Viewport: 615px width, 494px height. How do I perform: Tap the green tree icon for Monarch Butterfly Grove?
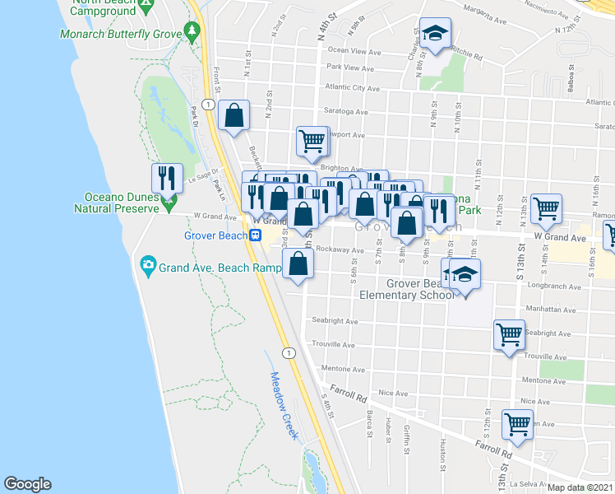click(x=192, y=31)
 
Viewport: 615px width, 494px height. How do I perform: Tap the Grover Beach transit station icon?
click(x=256, y=235)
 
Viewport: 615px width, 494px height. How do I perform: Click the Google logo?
click(x=27, y=484)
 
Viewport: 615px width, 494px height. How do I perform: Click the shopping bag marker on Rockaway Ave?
click(x=298, y=264)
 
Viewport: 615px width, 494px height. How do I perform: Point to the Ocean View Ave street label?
click(x=355, y=51)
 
